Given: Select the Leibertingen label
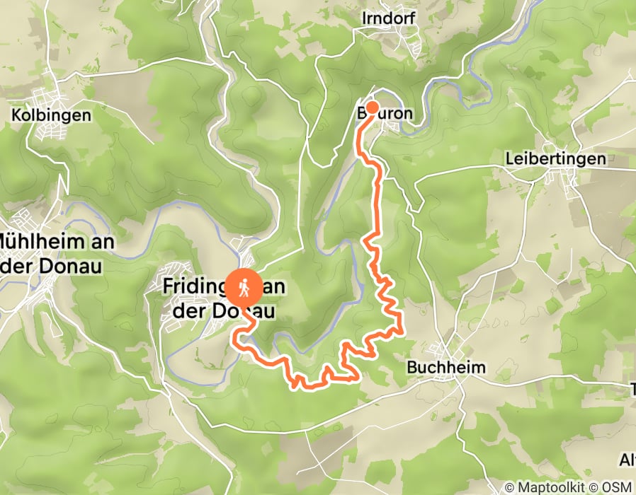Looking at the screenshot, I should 556,159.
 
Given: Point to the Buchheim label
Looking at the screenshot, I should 446,368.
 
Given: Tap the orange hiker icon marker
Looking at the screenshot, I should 243,287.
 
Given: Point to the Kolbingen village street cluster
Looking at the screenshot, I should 53,130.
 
